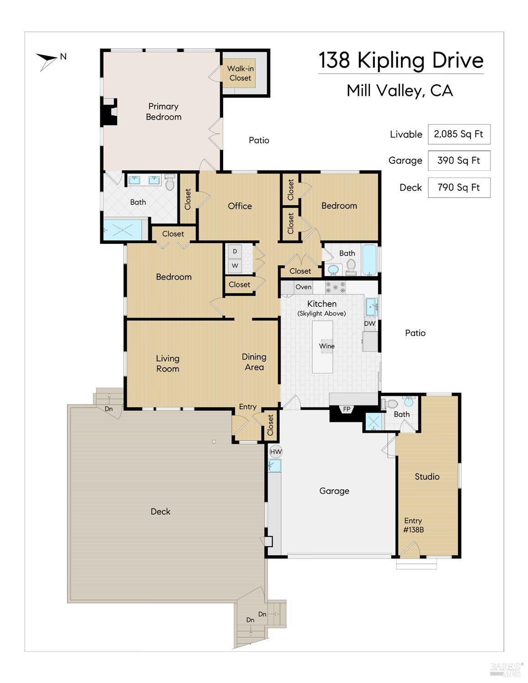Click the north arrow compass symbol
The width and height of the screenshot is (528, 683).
(47, 60)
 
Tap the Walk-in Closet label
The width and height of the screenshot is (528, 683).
(240, 73)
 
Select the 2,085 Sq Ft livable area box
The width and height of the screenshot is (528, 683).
(459, 134)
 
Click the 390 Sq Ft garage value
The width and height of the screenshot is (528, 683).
(459, 160)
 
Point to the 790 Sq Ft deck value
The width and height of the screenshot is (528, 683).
(459, 187)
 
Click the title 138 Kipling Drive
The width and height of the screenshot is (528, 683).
(400, 60)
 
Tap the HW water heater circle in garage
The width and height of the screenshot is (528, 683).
(276, 452)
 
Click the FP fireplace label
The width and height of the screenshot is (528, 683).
(347, 409)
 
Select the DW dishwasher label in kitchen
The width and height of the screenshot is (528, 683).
(369, 324)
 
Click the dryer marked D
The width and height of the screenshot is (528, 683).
(235, 251)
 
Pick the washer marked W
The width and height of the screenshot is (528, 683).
(235, 266)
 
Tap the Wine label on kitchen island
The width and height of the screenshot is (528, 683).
(327, 346)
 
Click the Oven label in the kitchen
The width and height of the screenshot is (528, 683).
(303, 287)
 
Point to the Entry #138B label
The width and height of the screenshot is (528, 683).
(413, 525)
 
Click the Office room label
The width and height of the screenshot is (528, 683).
(240, 206)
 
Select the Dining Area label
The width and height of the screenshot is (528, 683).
(254, 362)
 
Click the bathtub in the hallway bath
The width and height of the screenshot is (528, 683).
(369, 260)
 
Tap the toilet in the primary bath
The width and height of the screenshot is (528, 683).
(170, 183)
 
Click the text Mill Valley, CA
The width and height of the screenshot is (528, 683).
(400, 91)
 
